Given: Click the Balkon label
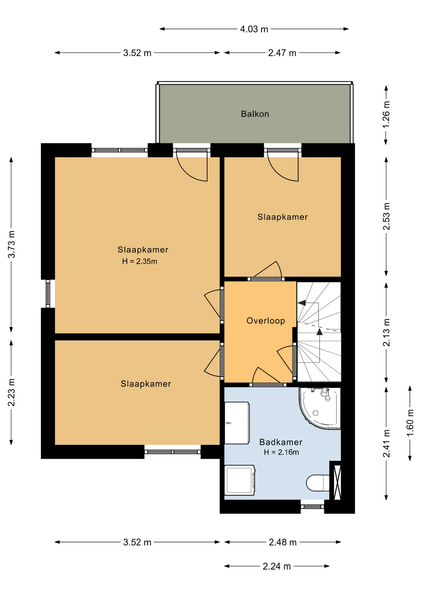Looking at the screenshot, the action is click(x=255, y=114).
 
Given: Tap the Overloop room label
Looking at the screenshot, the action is click(x=266, y=321).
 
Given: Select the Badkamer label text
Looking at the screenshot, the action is click(x=281, y=442).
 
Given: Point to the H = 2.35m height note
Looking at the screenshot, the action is click(x=140, y=261).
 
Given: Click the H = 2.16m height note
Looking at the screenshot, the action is click(x=281, y=452).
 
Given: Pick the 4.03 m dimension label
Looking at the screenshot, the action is click(x=254, y=29).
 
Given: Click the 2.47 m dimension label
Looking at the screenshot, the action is click(x=282, y=53).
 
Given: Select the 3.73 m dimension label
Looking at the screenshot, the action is click(x=11, y=244).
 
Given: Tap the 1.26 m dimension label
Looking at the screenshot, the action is click(x=386, y=114).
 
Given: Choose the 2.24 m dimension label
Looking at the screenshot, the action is click(x=277, y=566).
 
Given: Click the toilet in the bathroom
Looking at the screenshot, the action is click(x=318, y=483).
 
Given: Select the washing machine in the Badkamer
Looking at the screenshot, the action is click(x=240, y=480).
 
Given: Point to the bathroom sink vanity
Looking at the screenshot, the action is click(x=237, y=423).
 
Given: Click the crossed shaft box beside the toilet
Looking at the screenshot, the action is click(x=337, y=482).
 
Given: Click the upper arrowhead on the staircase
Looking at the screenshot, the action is click(x=301, y=303).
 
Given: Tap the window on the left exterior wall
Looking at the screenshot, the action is click(x=48, y=294).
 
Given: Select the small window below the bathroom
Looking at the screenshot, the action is click(x=312, y=507).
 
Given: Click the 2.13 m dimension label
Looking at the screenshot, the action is click(x=386, y=333).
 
